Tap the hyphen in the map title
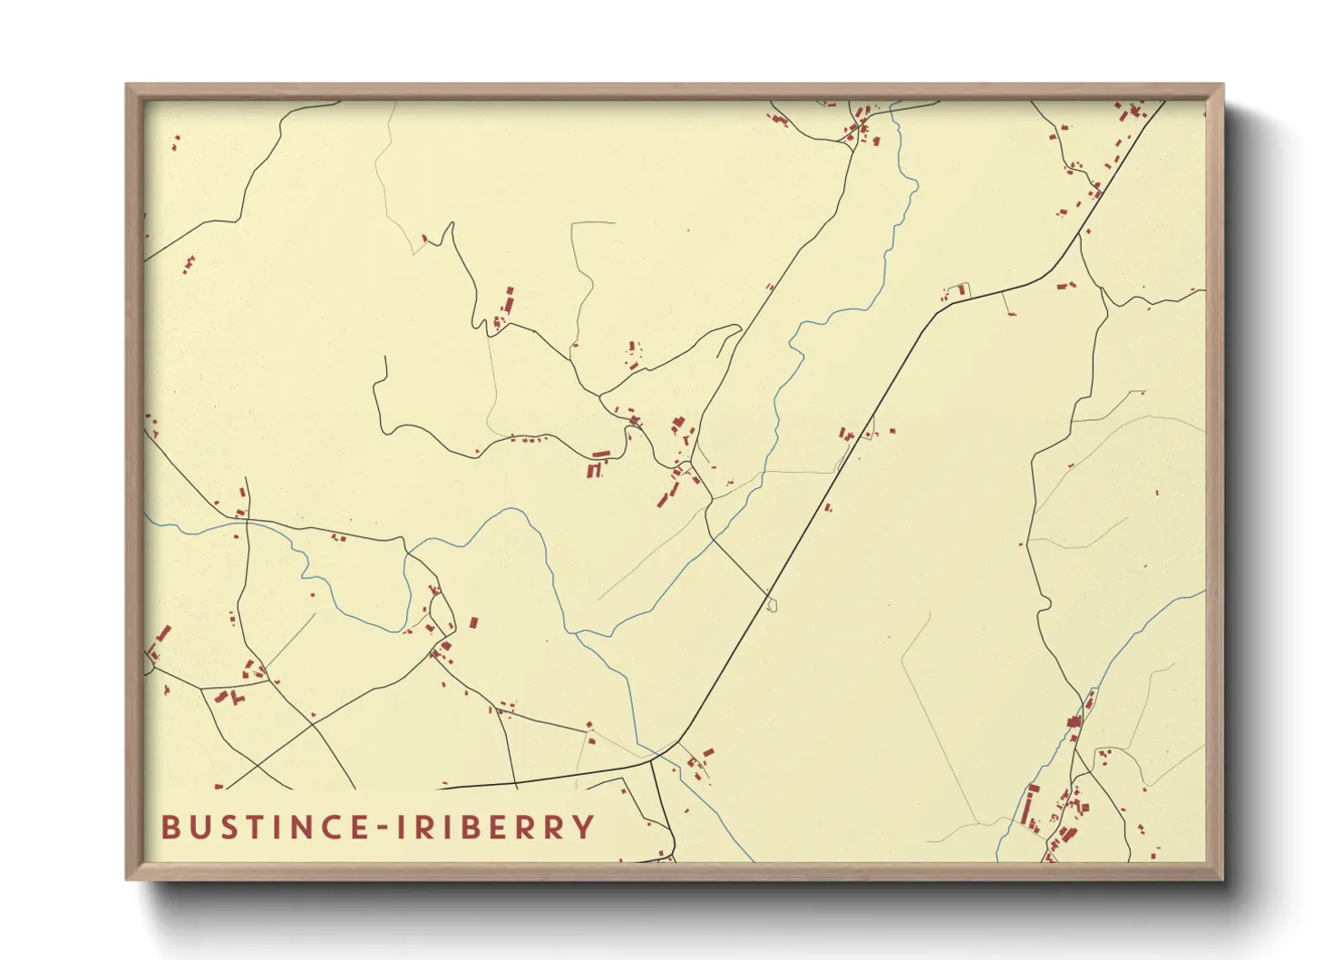tap(380, 828)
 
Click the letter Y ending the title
tap(585, 828)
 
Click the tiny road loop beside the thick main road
tap(772, 603)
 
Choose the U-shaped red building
tap(594, 470)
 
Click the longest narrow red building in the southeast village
tap(1032, 803)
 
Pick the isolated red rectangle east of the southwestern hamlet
tap(472, 622)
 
